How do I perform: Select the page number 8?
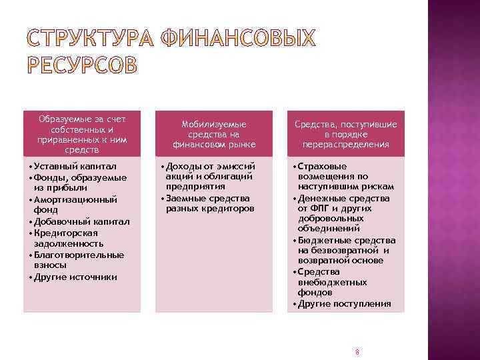click(x=357, y=351)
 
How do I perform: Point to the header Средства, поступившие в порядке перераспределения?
click(x=346, y=134)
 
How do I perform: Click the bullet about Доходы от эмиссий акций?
click(x=210, y=176)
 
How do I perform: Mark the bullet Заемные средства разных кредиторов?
click(x=209, y=203)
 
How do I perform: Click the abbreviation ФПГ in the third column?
click(x=321, y=209)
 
